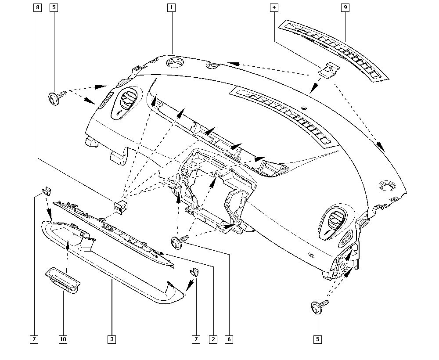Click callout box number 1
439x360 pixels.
tap(171, 7)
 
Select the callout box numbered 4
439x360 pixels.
tap(274, 7)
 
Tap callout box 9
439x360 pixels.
tap(345, 7)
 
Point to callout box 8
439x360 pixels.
tap(37, 7)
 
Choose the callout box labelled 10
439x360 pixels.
tap(63, 339)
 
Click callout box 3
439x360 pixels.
tap(112, 339)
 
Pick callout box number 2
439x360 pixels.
tap(213, 339)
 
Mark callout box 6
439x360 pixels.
tap(229, 339)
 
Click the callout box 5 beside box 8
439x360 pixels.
tap(54, 7)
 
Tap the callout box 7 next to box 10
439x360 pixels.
tap(34, 339)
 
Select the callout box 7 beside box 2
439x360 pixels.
tap(196, 339)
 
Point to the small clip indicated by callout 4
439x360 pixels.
tap(329, 69)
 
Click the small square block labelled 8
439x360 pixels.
tap(121, 207)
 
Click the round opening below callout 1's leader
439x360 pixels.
tap(176, 62)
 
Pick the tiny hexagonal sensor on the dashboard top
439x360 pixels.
tap(304, 108)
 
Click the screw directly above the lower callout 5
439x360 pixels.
tap(320, 306)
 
